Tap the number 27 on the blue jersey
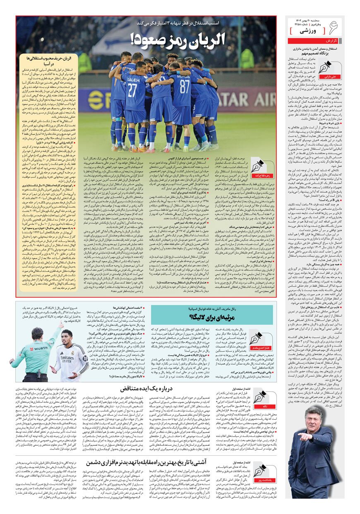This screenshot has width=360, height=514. click(132, 91)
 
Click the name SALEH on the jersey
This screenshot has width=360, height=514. click(132, 78)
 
